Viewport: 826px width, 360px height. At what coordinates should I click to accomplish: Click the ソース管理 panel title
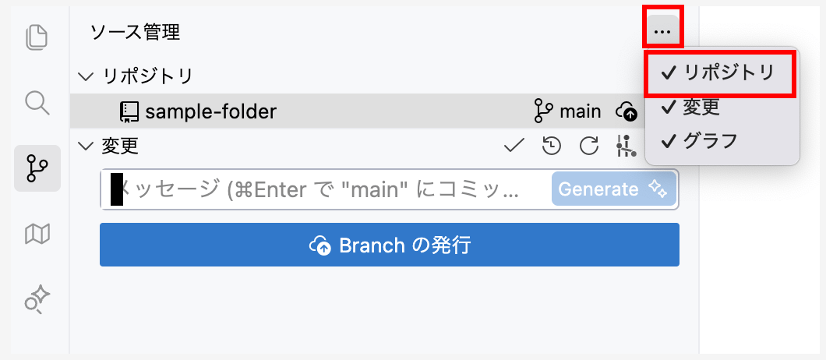click(135, 32)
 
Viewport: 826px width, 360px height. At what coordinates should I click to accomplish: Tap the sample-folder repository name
click(210, 111)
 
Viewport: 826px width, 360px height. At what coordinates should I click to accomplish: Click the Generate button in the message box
click(613, 189)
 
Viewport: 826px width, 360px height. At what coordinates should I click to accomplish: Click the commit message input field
click(327, 189)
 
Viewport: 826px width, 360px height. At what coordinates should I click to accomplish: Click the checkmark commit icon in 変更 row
click(514, 146)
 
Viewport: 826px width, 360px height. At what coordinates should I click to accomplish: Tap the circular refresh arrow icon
click(589, 146)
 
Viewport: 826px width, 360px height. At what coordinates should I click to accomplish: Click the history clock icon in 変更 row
click(552, 146)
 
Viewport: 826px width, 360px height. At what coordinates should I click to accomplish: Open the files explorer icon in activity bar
click(37, 37)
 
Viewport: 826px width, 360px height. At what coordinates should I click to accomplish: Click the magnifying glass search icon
click(37, 102)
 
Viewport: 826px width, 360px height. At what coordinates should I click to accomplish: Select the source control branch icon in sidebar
click(37, 168)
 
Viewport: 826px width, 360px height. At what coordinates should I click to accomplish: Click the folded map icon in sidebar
click(37, 233)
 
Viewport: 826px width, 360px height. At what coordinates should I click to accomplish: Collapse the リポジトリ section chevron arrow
click(86, 76)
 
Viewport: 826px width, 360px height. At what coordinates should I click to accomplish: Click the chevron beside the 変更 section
click(86, 146)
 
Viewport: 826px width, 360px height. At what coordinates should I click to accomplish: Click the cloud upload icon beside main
click(628, 112)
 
